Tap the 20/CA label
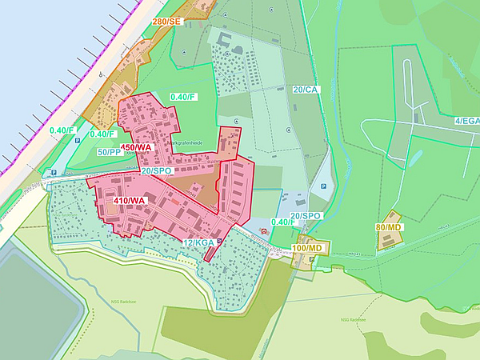306,90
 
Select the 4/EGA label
466,121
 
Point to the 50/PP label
110,152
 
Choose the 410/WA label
130,200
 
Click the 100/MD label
307,248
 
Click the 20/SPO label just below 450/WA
157,171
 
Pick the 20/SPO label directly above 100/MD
306,216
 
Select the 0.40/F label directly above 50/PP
104,134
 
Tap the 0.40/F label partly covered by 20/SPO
285,222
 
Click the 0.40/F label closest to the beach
62,130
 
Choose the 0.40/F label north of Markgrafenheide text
182,97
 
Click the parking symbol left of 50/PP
78,141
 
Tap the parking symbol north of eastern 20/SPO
322,186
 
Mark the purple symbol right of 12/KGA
220,241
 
